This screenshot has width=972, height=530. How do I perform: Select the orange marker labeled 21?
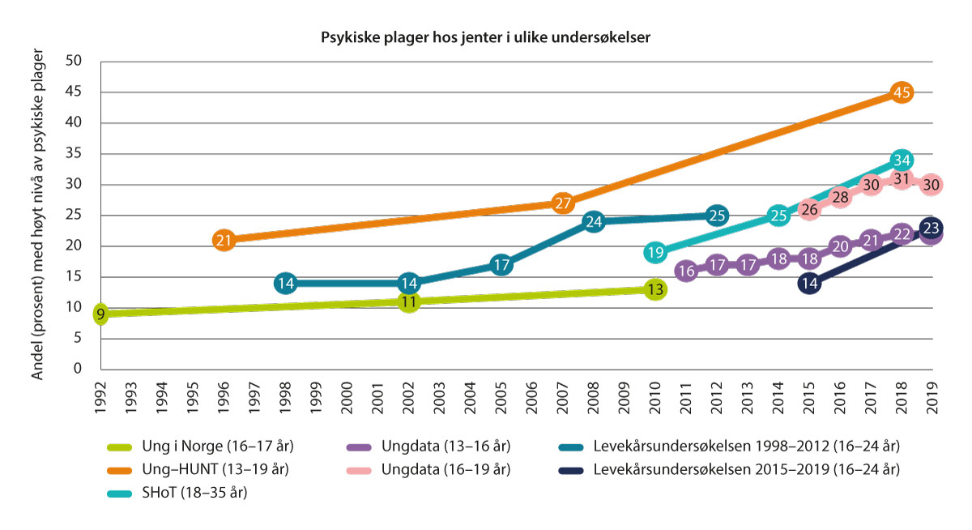pyautogui.click(x=224, y=240)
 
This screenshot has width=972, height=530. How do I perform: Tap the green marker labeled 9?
pyautogui.click(x=100, y=314)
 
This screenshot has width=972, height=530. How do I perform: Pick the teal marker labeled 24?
pyautogui.click(x=594, y=221)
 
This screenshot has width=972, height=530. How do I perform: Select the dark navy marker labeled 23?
pyautogui.click(x=931, y=228)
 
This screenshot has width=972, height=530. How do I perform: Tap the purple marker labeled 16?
pyautogui.click(x=686, y=271)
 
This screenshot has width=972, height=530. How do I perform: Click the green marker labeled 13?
pyautogui.click(x=655, y=289)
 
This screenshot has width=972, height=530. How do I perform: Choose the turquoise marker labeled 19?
pyautogui.click(x=655, y=252)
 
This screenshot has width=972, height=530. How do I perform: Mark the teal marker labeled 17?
pyautogui.click(x=501, y=265)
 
